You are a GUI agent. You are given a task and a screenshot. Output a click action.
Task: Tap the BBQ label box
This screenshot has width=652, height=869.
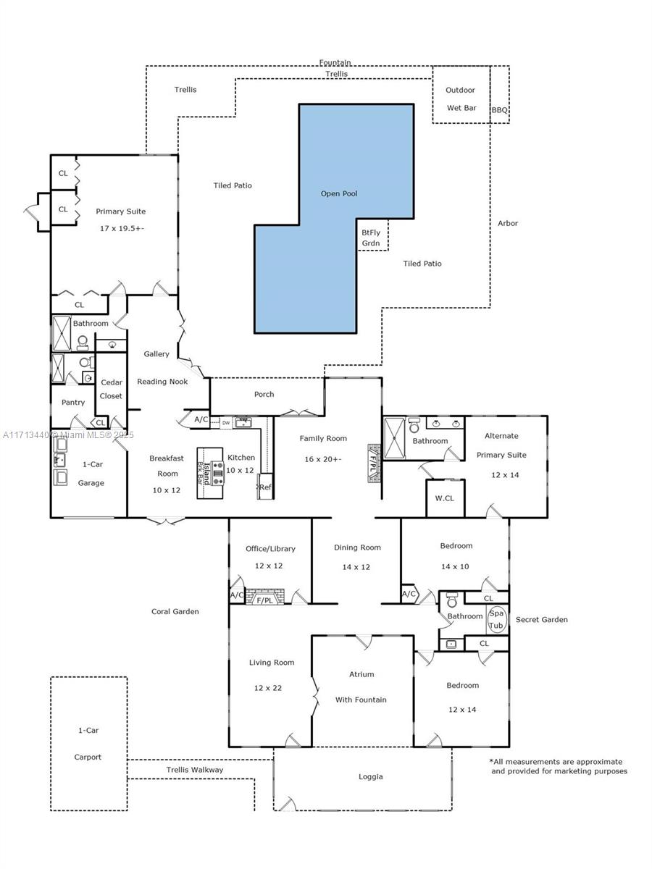coord(500,110)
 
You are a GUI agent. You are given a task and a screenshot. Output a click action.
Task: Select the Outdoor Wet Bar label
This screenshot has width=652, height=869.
coord(461,99)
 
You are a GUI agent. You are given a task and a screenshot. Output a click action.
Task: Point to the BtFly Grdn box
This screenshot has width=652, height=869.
coord(372,238)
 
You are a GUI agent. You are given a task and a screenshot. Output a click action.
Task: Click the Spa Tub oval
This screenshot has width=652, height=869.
coord(496,620)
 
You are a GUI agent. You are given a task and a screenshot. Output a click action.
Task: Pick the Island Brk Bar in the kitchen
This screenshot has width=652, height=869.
coord(210,473)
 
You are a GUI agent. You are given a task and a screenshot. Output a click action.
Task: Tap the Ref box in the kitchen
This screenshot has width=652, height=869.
coord(265,487)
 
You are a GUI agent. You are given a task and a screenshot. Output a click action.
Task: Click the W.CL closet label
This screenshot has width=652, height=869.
coord(444,498)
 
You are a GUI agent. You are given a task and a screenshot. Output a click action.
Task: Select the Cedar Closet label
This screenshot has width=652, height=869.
coord(112,389)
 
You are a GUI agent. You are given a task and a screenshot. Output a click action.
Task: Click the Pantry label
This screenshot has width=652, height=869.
coord(73,402)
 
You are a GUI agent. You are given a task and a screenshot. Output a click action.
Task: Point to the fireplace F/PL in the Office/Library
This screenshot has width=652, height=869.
coord(265,600)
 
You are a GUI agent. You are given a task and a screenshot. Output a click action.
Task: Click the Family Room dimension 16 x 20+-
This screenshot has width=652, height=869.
coord(323,459)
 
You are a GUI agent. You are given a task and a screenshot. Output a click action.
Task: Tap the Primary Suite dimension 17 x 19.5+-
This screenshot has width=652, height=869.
coord(121,228)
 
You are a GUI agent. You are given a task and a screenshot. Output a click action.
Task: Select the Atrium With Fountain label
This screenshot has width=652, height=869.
coord(361,687)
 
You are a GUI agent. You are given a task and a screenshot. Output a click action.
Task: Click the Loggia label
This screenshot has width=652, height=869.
coord(370,776)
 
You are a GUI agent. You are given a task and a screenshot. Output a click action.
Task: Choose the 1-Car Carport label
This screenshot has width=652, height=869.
coord(88,744)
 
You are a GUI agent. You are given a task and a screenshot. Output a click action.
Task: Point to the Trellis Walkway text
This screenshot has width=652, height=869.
coord(195,770)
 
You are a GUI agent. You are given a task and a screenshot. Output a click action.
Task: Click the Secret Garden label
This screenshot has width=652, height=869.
coord(541,620)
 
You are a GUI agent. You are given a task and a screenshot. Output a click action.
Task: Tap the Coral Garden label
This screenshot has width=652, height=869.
coord(175,611)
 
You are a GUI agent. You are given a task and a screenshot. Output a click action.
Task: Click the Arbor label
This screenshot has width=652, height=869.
coord(508,223)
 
